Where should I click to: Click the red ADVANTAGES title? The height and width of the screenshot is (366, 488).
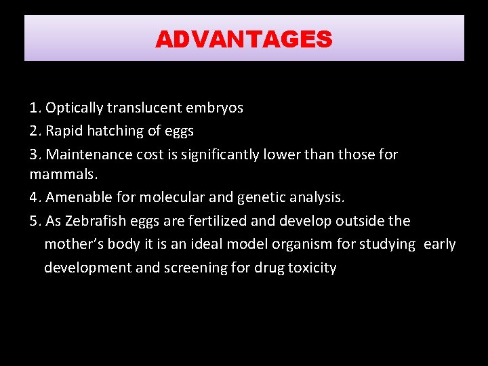[243, 39]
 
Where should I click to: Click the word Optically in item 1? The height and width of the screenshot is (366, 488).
[74, 108]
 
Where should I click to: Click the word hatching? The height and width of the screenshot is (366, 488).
[112, 131]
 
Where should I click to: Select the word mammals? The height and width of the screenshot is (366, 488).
[63, 174]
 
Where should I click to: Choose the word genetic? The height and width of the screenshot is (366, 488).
[256, 197]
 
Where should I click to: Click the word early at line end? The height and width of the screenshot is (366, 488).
[440, 244]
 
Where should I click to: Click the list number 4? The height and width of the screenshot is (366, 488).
[34, 197]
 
